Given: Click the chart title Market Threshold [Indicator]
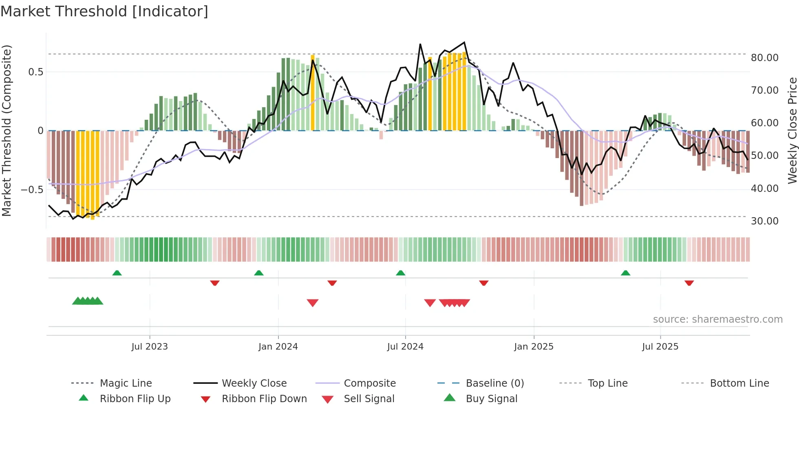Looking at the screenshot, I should (x=104, y=11).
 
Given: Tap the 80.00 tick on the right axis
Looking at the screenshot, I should (x=764, y=58).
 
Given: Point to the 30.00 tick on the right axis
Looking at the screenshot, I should (x=764, y=221).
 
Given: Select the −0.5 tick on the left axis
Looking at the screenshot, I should (x=32, y=190).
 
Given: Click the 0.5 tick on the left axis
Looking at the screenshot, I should (x=35, y=72).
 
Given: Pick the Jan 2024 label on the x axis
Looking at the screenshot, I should (x=278, y=347).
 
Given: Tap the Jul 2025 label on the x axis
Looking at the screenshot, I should (x=660, y=347).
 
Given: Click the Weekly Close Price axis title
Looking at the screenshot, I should (x=792, y=130).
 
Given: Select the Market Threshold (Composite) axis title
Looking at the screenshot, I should (x=7, y=130).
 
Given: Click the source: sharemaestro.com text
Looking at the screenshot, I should (x=717, y=319).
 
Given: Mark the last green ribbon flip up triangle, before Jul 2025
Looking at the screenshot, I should (x=625, y=273).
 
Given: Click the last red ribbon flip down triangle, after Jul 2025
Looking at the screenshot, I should (x=689, y=283).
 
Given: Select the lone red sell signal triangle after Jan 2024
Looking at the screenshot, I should (x=313, y=303).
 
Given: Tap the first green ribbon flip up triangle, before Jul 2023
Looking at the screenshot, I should (x=117, y=273).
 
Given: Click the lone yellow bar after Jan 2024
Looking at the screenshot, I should (x=313, y=93).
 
